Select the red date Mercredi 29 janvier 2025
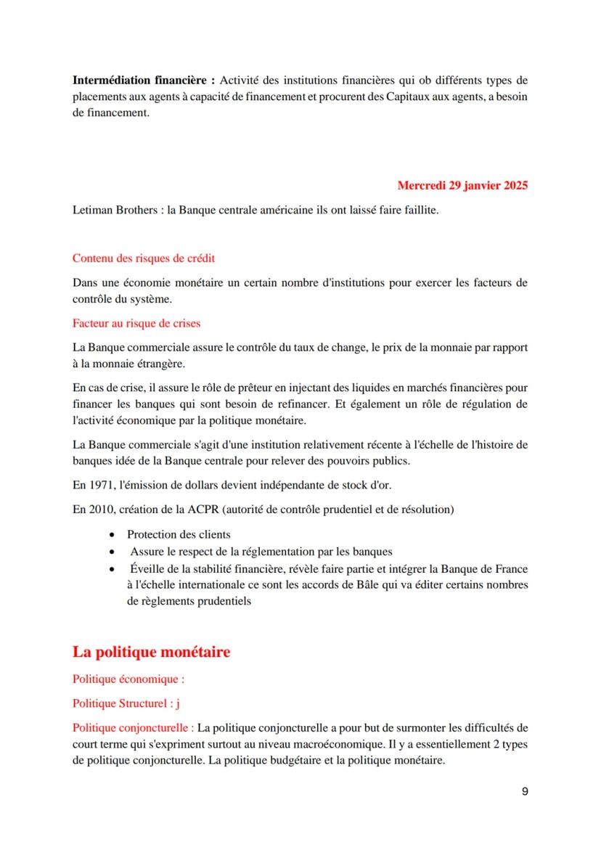click(462, 185)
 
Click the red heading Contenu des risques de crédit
click(143, 258)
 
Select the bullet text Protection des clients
click(179, 534)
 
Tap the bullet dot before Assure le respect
click(112, 552)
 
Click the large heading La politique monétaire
click(151, 652)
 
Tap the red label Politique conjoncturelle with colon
click(133, 727)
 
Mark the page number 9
click(525, 791)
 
